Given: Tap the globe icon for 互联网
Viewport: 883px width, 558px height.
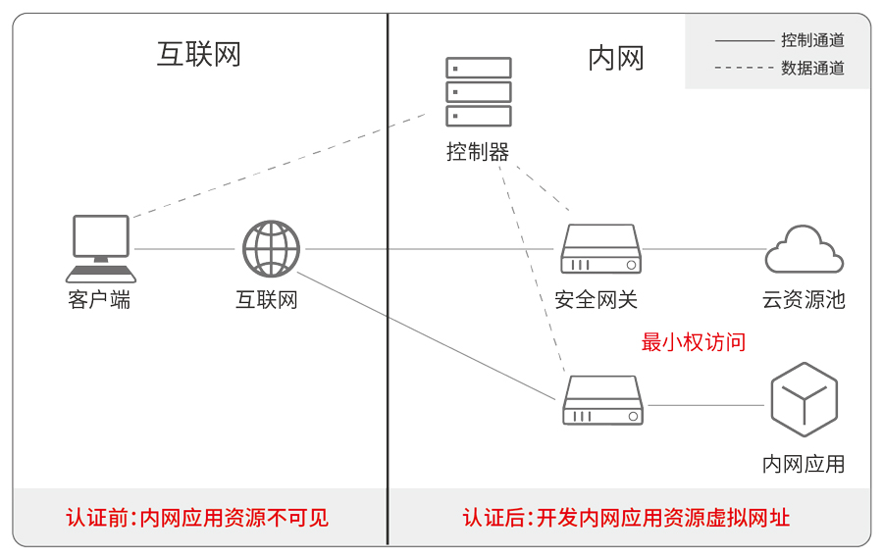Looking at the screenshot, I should [271, 249].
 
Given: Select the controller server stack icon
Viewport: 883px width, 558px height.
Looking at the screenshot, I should [479, 92].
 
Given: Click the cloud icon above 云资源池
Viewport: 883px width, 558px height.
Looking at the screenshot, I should [805, 250].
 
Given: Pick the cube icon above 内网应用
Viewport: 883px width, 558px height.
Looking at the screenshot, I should [805, 399].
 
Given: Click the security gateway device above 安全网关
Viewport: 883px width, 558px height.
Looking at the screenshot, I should [601, 249].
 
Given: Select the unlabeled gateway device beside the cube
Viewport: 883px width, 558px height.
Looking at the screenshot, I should [602, 400].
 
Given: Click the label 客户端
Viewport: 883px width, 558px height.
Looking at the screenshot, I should [99, 300].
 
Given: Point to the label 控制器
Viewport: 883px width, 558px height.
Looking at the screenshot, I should [478, 152].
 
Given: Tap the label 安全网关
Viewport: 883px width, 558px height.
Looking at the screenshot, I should [596, 300].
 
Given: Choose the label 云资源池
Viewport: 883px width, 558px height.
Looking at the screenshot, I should [804, 300].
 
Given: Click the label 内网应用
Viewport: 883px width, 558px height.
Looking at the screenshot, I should [804, 464].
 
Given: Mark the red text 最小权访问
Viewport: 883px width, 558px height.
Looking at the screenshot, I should [694, 342].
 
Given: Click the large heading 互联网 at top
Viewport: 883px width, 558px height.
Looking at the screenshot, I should [199, 54].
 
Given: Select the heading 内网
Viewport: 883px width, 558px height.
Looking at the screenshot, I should [616, 59].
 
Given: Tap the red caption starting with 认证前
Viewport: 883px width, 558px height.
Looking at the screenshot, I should [197, 517].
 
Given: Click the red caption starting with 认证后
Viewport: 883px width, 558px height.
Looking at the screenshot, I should [626, 517].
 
